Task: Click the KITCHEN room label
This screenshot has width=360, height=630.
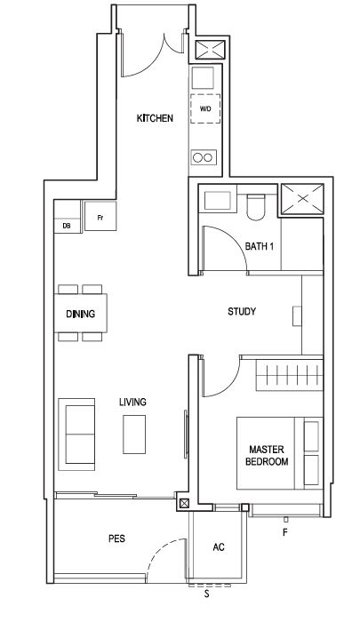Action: pos(155,118)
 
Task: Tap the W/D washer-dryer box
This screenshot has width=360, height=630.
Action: pos(205,108)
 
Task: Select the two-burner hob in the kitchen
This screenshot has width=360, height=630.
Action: pos(204,157)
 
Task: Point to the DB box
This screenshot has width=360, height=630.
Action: pos(67,226)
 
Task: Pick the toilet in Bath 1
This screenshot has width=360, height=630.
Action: pos(255,207)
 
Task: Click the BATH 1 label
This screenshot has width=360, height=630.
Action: pos(260,246)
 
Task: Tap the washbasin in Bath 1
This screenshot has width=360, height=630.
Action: pos(218,201)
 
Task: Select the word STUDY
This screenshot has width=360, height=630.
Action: pos(242,311)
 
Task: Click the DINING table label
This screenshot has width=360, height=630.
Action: pos(80,314)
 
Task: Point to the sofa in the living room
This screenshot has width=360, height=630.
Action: pos(76,435)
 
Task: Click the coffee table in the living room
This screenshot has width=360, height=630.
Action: pos(134,435)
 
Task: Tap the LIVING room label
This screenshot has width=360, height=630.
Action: pos(132,402)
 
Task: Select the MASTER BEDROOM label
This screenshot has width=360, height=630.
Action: pos(267,456)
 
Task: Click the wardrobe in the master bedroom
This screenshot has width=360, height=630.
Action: pos(289,375)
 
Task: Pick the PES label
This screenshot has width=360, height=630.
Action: pos(116,538)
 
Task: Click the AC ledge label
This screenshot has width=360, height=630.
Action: pos(219,547)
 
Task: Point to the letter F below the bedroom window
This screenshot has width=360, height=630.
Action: pos(285,533)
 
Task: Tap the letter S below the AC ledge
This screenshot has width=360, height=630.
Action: pos(207,594)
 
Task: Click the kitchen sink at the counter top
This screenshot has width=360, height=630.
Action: pos(203,77)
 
